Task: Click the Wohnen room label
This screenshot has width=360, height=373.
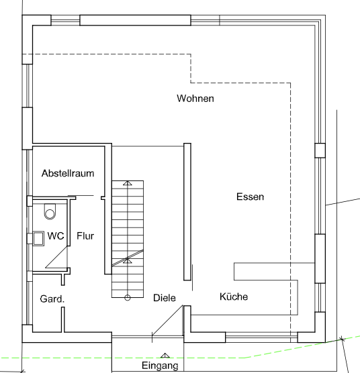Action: coord(195,99)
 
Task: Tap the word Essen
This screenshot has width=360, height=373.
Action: coord(250,197)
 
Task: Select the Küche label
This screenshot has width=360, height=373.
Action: coord(234,297)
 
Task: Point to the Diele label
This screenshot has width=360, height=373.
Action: coord(165,297)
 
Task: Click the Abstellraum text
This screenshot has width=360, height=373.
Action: coord(67,173)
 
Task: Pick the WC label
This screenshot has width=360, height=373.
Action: coord(55,236)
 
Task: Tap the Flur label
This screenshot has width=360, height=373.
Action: coord(85,236)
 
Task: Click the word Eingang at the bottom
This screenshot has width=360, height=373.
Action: coord(160,366)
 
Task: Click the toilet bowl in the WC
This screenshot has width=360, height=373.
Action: coord(50,213)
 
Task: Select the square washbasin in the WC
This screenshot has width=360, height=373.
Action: coord(37,237)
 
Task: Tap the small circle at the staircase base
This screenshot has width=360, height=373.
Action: coord(127,297)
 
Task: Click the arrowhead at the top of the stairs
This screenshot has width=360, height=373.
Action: coord(127,182)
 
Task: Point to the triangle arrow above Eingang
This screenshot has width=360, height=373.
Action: coord(164,355)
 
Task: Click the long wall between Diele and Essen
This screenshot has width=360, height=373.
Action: coord(187,211)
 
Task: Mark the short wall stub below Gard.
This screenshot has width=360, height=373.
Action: coord(64,319)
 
